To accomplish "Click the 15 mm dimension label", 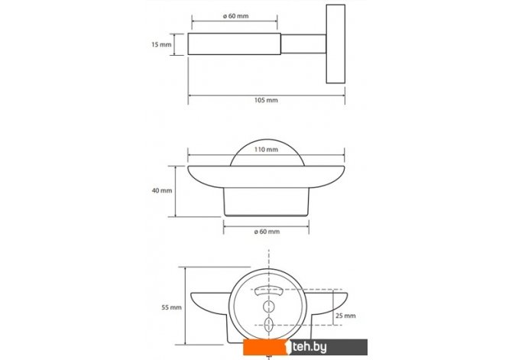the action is [161, 44].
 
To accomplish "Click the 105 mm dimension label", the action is [266, 100].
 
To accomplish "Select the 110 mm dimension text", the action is [266, 150].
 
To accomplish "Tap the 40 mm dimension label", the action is [162, 190].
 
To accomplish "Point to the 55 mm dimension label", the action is [171, 307].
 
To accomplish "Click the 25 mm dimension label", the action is [345, 316].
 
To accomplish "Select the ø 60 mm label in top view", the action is [236, 16].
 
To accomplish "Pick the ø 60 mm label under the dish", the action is [267, 232].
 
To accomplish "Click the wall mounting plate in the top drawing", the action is [335, 44].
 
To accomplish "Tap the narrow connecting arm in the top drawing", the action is [303, 44].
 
